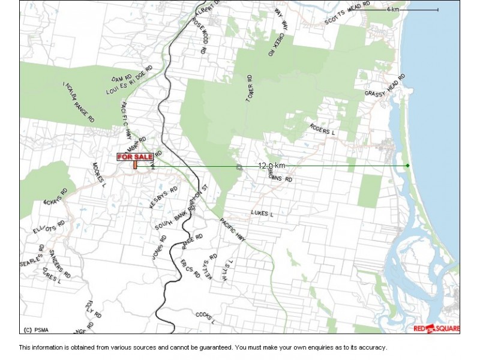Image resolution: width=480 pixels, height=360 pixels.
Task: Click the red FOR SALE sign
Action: pyautogui.click(x=131, y=157)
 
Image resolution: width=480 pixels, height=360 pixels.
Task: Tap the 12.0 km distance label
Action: pyautogui.click(x=271, y=165)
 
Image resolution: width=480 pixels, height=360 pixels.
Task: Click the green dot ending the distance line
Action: pyautogui.click(x=407, y=166)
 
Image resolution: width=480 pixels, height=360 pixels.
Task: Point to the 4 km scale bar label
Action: pyautogui.click(x=393, y=10)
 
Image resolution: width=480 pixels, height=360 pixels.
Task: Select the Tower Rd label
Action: pyautogui.click(x=250, y=89)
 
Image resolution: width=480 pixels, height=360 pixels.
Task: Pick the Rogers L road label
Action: pyautogui.click(x=322, y=129)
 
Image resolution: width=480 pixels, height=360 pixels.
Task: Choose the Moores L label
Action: pyautogui.click(x=99, y=174)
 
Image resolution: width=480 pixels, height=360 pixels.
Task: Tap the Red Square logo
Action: pyautogui.click(x=436, y=328)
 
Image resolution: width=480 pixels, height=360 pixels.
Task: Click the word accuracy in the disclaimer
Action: pyautogui.click(x=373, y=347)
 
